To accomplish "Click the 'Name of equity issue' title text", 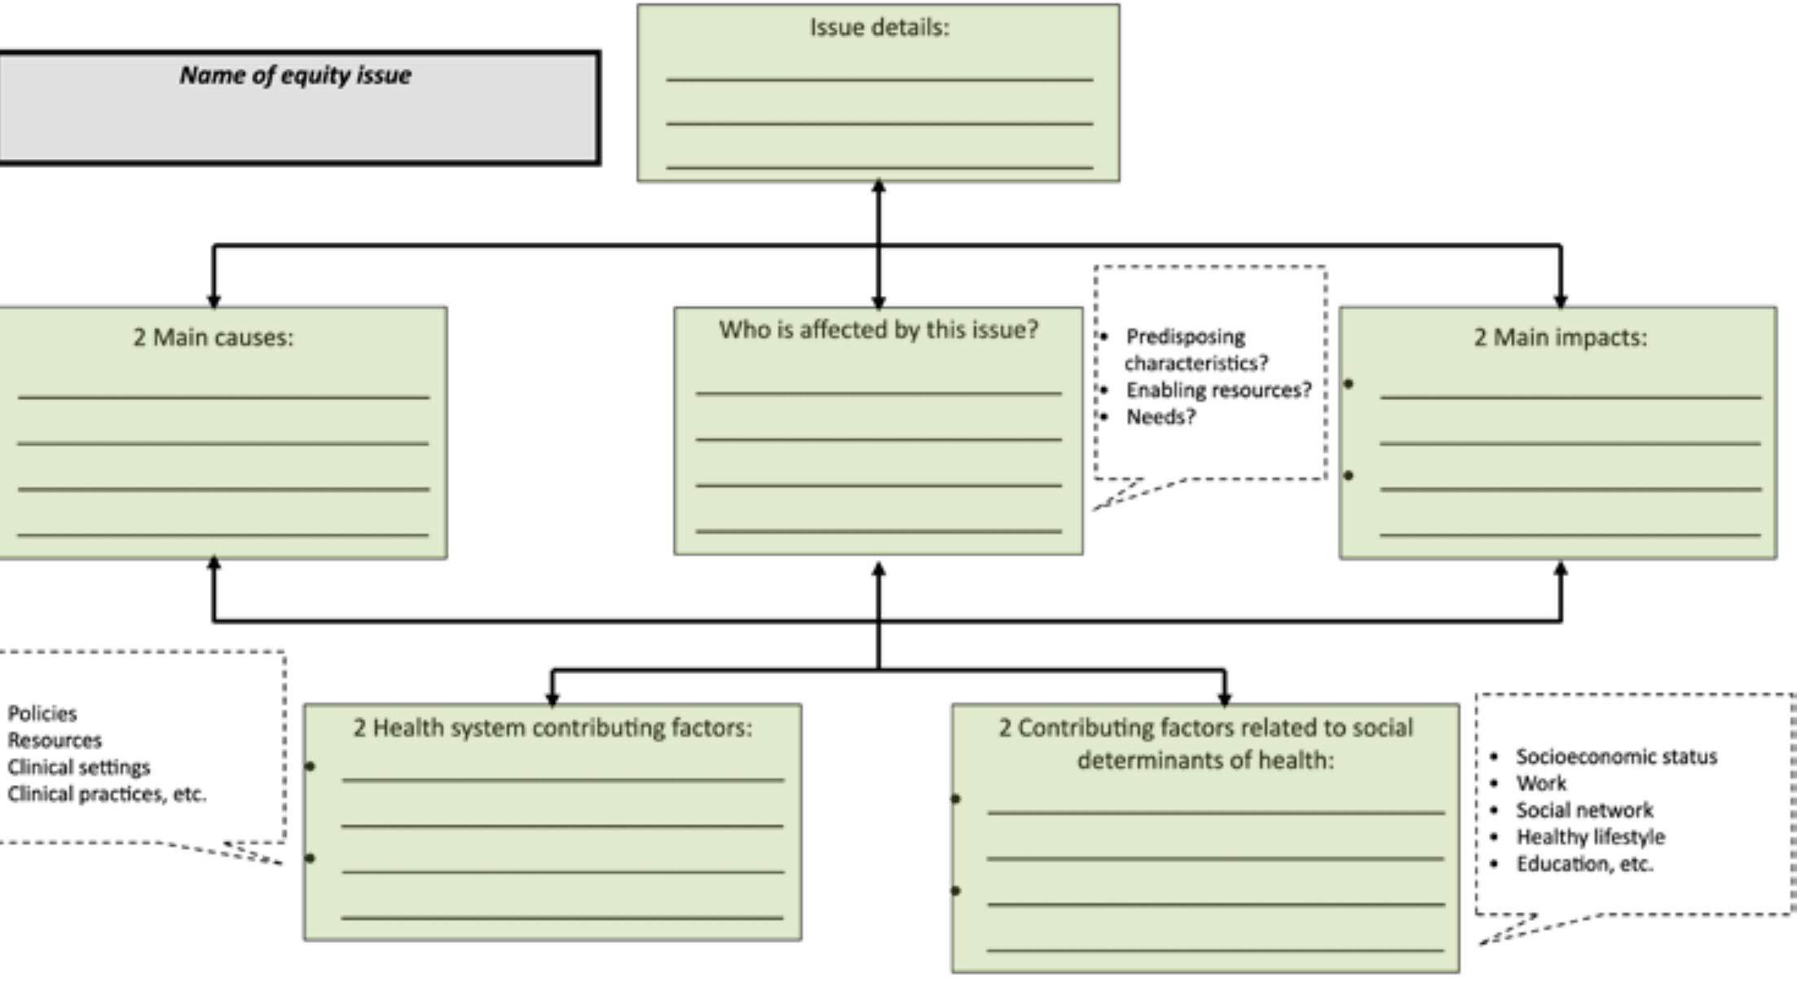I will pos(295,76).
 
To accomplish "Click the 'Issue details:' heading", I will pos(879,28).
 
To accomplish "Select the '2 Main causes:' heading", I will pos(214,337).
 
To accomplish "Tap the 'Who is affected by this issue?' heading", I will pos(879,330).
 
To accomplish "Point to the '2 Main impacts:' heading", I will pos(1560,337).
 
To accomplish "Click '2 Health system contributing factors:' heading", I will pos(553,728).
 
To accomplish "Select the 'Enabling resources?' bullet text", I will pos(1218,390).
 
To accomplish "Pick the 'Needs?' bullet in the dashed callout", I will pos(1161,417).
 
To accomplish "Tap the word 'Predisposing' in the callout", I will pos(1185,337).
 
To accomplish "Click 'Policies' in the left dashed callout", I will pos(42,714).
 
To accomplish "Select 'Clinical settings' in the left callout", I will pos(79,768).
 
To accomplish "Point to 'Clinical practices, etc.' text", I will pos(107,795).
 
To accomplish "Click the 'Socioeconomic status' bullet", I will pos(1615,757).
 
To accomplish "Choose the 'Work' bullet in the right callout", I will pos(1540,784).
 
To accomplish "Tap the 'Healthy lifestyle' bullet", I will pos(1590,837).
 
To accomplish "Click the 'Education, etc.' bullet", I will pos(1584,864).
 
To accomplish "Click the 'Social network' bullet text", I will pos(1583,810).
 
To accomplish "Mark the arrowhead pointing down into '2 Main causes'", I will pos(214,301).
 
